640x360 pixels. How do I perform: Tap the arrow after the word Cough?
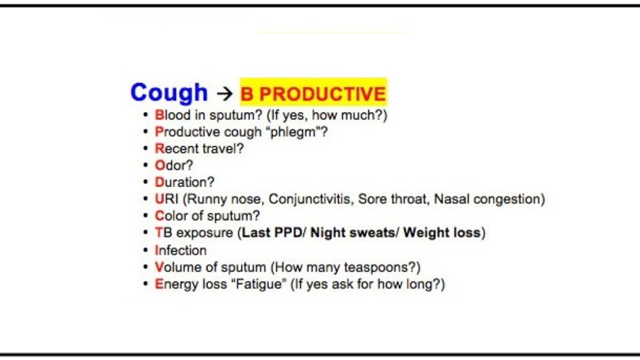coord(225,94)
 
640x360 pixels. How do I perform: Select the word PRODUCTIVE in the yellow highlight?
coord(323,94)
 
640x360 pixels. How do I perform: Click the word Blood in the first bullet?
coord(173,115)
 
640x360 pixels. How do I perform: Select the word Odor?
coord(171,165)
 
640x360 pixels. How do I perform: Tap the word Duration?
coord(181,182)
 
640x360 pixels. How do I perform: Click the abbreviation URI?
coord(166,199)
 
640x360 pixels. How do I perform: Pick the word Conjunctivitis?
coord(309,199)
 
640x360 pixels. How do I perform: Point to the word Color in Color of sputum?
coord(171,215)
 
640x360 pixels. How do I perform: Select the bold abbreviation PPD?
coord(287,233)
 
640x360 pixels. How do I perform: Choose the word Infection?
coord(180,251)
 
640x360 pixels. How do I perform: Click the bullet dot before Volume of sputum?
coord(146,267)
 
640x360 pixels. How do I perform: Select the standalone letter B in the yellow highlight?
coord(247,94)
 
